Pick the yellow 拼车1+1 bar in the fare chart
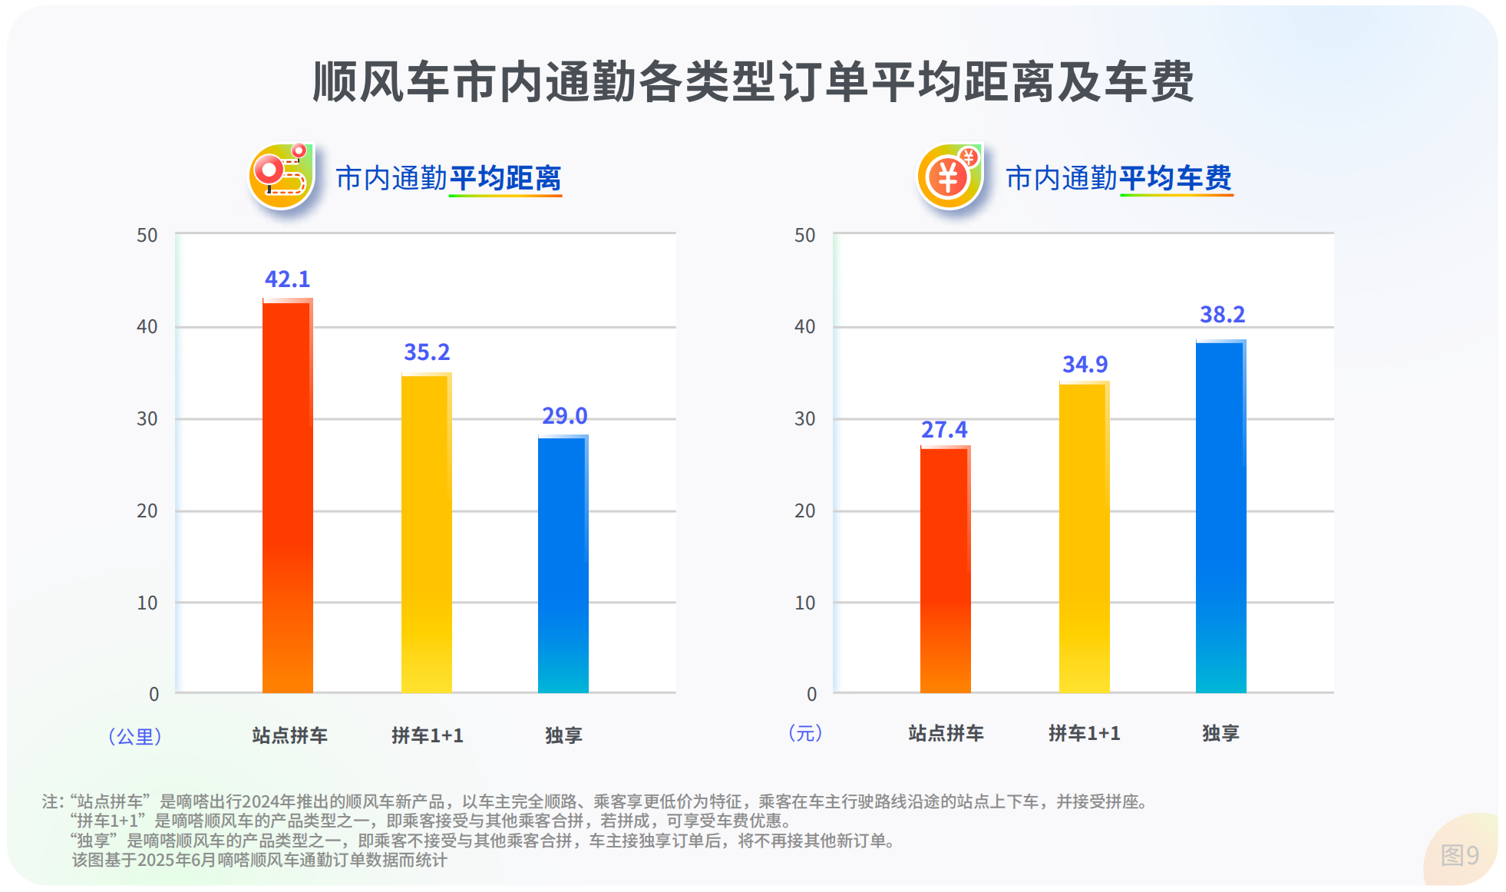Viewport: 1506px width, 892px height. tap(1084, 537)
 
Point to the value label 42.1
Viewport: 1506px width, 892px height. tap(287, 279)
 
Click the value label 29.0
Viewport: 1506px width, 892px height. tap(564, 416)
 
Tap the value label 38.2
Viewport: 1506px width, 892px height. tap(1222, 315)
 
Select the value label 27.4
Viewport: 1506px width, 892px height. tap(944, 430)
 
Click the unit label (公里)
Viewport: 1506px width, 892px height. tap(134, 736)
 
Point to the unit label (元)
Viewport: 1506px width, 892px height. tap(805, 733)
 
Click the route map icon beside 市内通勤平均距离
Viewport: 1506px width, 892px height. tap(282, 176)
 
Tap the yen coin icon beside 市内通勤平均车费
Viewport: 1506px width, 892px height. tap(950, 176)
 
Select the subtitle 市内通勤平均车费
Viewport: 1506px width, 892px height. tap(1118, 178)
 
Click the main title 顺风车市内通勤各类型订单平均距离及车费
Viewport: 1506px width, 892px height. tap(753, 82)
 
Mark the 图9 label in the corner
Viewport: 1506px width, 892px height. tap(1459, 855)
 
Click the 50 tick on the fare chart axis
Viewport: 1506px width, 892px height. tap(804, 235)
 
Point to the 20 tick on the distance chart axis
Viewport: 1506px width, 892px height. tap(147, 510)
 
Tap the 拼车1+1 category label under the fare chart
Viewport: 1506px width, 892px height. tap(1084, 734)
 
